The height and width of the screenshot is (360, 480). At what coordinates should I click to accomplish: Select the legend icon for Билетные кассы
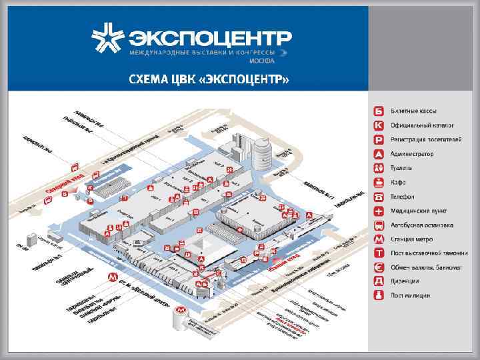379,110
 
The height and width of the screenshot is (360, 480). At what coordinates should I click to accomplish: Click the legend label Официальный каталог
422,125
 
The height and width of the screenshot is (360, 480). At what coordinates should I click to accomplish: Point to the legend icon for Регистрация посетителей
379,139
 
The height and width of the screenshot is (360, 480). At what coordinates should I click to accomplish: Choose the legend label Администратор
412,154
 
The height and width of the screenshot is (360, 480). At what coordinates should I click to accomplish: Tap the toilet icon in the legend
379,168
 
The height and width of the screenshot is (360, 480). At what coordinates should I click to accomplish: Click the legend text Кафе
399,183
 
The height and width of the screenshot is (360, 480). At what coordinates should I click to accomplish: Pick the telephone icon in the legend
379,197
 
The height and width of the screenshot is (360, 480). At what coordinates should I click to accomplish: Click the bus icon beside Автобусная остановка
379,225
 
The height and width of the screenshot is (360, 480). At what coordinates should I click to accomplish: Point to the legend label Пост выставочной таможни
427,253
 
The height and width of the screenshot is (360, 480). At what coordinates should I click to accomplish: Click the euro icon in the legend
379,267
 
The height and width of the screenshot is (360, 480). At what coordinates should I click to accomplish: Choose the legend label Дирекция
406,281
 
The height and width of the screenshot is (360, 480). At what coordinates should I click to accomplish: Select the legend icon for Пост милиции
379,295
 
